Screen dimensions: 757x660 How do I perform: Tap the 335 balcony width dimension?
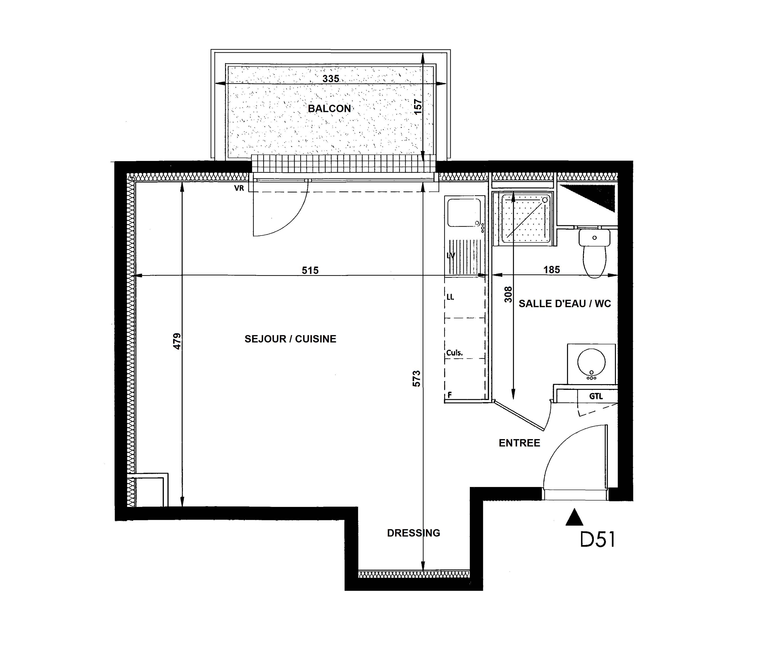click(331, 79)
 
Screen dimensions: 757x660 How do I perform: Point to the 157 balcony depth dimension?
click(418, 107)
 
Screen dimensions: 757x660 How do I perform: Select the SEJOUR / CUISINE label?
click(290, 339)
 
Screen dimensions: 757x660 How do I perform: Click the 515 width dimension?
click(310, 270)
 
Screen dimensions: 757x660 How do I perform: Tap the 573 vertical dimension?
click(416, 379)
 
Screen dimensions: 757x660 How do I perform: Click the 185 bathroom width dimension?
click(552, 270)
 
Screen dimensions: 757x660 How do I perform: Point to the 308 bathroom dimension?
click(508, 295)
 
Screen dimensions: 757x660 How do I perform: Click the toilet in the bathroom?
click(594, 253)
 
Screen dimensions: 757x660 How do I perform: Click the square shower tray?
click(523, 218)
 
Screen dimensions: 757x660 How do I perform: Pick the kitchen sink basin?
click(464, 213)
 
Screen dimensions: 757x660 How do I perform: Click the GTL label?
click(596, 396)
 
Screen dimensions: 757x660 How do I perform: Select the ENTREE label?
click(519, 443)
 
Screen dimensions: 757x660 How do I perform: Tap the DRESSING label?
click(414, 533)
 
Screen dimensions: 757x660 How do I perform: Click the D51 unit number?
click(598, 539)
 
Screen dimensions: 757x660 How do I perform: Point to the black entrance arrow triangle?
click(574, 517)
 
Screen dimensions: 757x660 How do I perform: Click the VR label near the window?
click(239, 188)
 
